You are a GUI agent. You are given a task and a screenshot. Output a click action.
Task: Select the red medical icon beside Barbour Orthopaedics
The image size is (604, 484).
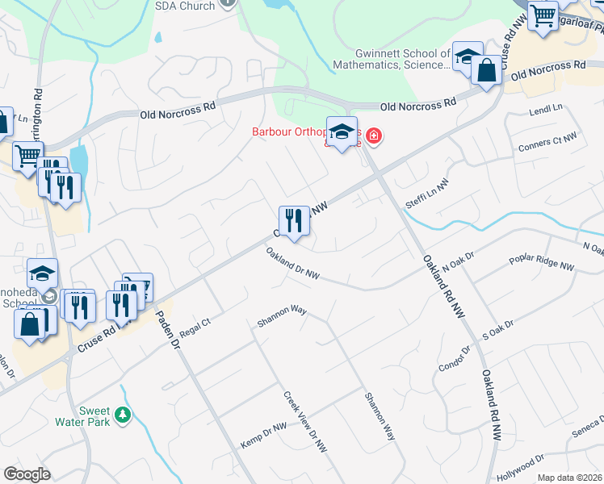pos(373,136)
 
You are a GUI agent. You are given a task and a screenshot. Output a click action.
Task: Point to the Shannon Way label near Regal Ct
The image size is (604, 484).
pos(282,319)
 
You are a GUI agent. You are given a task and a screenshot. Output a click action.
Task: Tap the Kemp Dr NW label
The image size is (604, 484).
pos(263,436)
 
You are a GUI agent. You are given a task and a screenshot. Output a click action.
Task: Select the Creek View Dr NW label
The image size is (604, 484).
pos(305,421)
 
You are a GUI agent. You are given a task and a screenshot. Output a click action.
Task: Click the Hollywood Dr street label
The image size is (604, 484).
pos(521,468)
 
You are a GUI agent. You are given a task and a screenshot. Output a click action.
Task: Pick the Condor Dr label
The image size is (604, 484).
pos(454,353)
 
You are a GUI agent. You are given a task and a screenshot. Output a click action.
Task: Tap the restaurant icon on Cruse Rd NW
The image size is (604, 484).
pos(293,220)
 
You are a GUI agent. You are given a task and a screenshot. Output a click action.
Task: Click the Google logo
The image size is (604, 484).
pos(27,474)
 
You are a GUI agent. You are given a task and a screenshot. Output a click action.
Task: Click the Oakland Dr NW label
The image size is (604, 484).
pos(292,264)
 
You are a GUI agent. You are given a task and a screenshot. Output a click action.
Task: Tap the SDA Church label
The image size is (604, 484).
pos(185,6)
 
